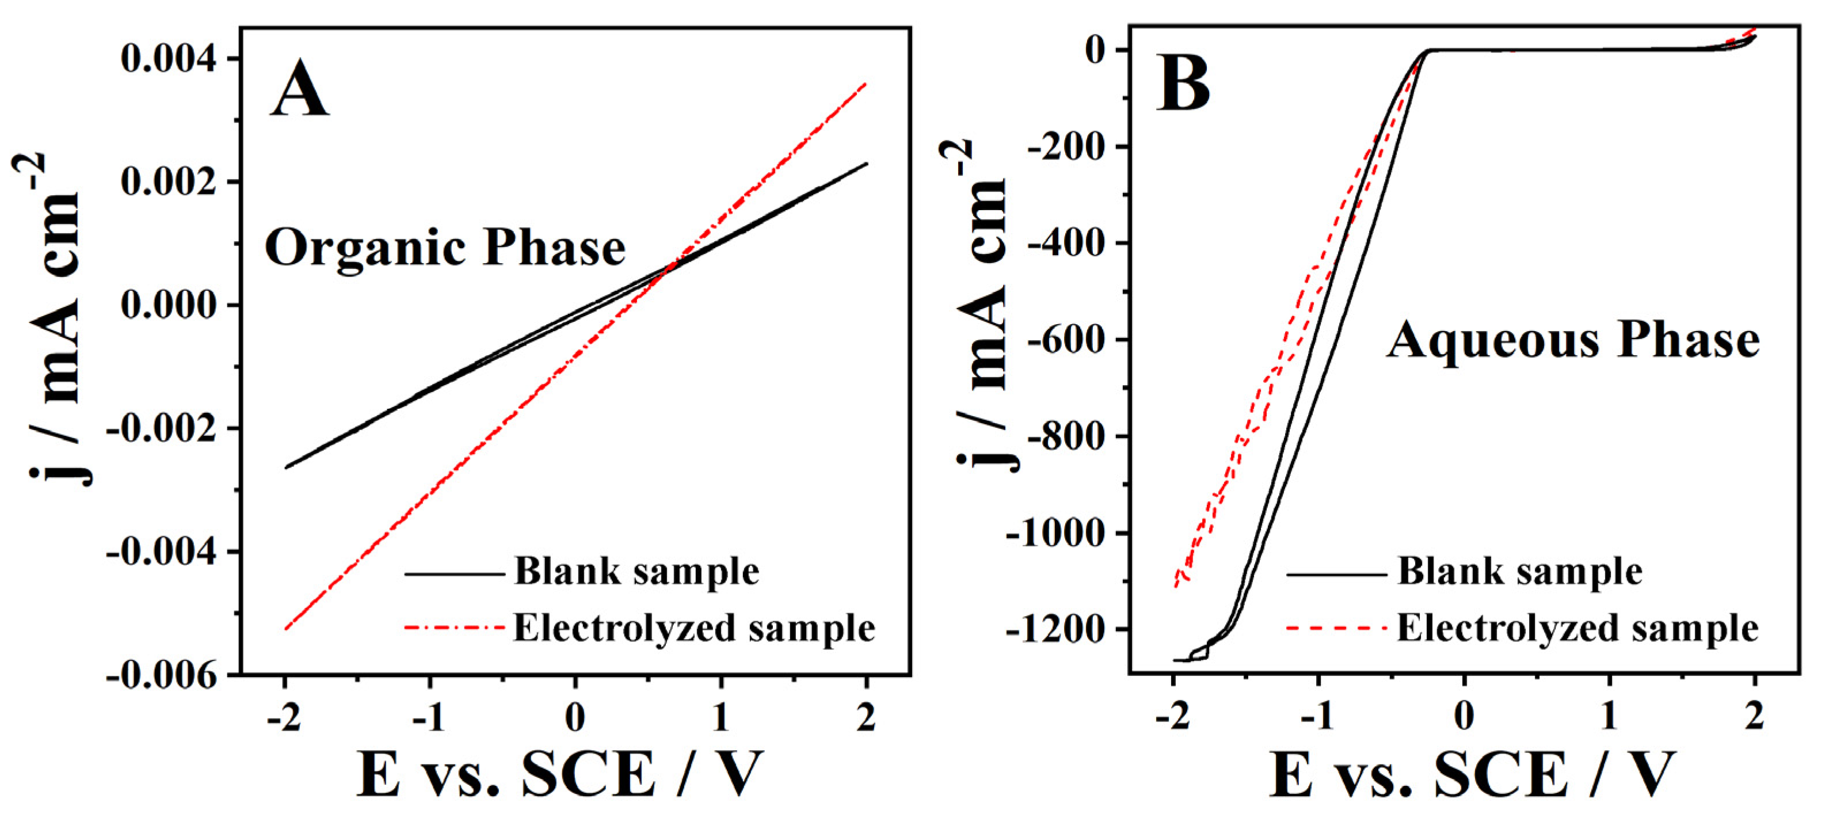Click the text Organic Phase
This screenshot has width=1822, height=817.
[x=445, y=248]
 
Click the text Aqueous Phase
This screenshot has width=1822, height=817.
[x=1572, y=340]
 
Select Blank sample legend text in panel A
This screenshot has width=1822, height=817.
[x=636, y=571]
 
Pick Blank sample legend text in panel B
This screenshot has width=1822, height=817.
[x=1520, y=571]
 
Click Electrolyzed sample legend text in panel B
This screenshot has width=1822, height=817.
[x=1578, y=628]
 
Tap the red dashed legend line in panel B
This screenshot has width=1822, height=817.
[x=1337, y=628]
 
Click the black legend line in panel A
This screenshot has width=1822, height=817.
[x=455, y=573]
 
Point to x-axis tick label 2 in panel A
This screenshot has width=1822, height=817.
[x=866, y=718]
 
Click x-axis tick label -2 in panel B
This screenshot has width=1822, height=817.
[x=1173, y=718]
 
